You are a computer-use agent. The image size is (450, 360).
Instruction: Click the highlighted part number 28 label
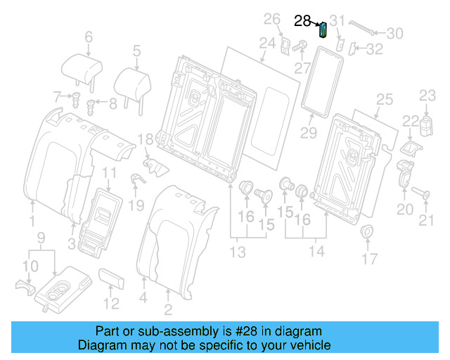pos(302,21)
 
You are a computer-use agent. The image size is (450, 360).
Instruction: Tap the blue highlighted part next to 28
pos(323,30)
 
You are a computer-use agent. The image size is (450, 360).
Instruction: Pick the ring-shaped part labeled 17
pos(367,233)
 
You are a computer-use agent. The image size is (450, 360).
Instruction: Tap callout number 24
pos(266,44)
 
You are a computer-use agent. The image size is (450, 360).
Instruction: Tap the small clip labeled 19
pos(136,180)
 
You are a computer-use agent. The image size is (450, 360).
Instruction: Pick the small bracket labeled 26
pos(285,44)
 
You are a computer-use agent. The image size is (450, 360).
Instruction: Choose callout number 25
pos(383,100)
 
